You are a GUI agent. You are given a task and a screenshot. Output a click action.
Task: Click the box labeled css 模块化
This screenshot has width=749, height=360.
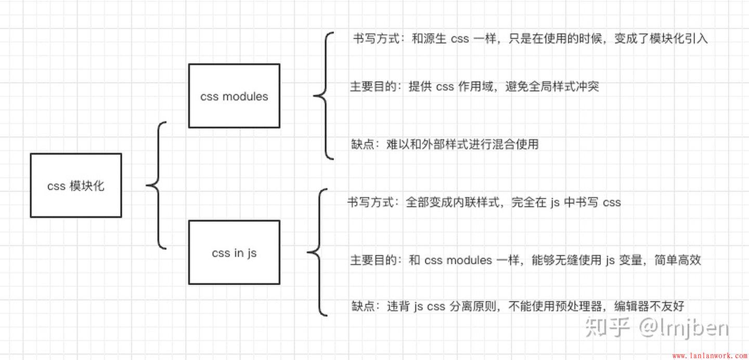pyautogui.click(x=76, y=185)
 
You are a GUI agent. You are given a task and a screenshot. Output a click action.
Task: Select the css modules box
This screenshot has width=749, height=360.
pyautogui.click(x=234, y=96)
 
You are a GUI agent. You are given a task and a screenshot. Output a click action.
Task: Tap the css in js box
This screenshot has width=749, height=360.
pyautogui.click(x=234, y=253)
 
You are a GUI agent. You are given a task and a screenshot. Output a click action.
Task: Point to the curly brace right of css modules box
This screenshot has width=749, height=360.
pyautogui.click(x=324, y=96)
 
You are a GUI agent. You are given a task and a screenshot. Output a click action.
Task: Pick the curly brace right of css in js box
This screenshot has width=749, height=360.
pyautogui.click(x=317, y=253)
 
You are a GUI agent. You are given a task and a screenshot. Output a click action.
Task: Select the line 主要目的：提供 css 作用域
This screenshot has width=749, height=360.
pyautogui.click(x=474, y=86)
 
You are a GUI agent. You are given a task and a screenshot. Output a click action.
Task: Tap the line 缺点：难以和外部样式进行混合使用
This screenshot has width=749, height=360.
pyautogui.click(x=445, y=144)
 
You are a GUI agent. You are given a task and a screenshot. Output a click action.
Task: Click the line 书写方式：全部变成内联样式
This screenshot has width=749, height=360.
pyautogui.click(x=484, y=202)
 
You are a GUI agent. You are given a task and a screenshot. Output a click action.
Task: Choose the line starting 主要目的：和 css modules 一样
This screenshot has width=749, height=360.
pyautogui.click(x=525, y=260)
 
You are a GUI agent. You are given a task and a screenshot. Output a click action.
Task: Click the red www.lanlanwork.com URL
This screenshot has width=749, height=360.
pyautogui.click(x=709, y=356)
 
